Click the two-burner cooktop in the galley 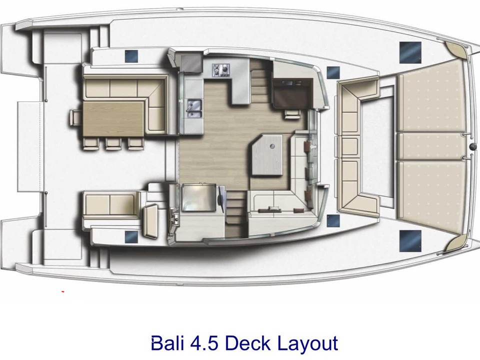click(220, 68)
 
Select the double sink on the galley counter click(193, 106)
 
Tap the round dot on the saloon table click(272, 146)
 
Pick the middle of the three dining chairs click(113, 143)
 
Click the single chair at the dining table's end click(75, 117)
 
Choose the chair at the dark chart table click(290, 113)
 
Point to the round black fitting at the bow click(472, 147)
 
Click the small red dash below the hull click(62, 291)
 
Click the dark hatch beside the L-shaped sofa click(131, 55)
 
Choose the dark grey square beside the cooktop click(190, 63)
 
